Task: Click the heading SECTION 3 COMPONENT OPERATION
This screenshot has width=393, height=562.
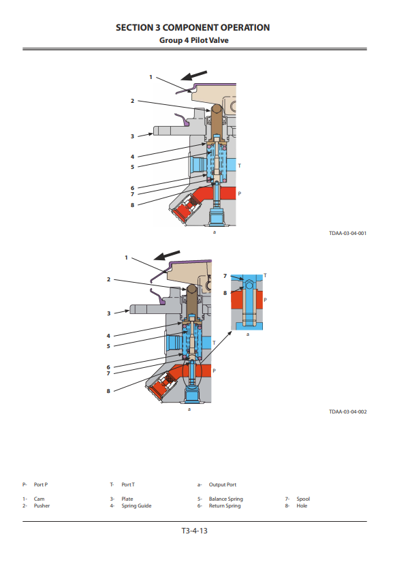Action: click(x=193, y=28)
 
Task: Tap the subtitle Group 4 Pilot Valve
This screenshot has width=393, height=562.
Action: click(x=194, y=40)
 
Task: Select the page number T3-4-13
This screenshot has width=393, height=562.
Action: click(x=195, y=531)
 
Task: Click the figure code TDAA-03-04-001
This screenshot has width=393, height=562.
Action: click(x=347, y=234)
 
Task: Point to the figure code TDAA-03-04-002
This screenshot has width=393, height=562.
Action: click(x=347, y=411)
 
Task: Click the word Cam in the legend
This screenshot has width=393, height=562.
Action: click(x=39, y=499)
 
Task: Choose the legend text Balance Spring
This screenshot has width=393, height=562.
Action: click(x=225, y=499)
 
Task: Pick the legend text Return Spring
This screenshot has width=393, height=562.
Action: click(x=225, y=505)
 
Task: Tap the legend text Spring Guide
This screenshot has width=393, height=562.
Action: click(x=136, y=505)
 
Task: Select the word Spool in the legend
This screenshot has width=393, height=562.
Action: click(x=303, y=499)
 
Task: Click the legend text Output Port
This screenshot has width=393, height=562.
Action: click(x=223, y=484)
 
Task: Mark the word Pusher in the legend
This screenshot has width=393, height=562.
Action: click(x=42, y=505)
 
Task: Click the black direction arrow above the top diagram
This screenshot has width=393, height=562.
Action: click(x=194, y=75)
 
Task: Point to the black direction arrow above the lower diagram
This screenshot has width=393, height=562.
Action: click(x=167, y=255)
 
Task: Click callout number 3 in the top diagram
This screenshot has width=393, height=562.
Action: click(x=132, y=136)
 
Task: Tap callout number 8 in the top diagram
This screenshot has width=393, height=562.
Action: click(x=132, y=205)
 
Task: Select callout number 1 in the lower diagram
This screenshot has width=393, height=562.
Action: click(x=126, y=257)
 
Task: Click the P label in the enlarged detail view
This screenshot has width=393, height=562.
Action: click(x=265, y=300)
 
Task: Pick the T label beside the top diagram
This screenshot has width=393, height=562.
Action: click(x=240, y=166)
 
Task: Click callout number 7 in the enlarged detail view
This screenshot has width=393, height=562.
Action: click(x=225, y=276)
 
